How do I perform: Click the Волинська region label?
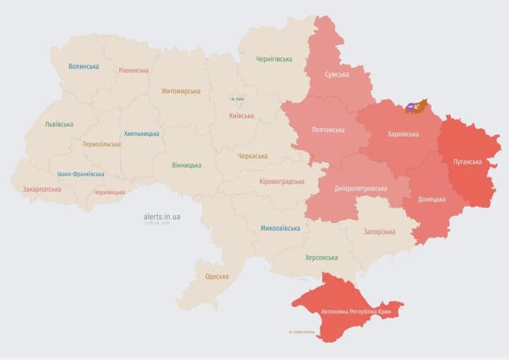83,66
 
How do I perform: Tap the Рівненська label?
134,71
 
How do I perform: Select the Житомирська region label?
180,91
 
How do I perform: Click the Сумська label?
337,74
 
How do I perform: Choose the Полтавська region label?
328,130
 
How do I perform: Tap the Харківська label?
403,134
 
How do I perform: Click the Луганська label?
468,162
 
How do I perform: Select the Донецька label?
431,199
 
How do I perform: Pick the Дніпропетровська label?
361,189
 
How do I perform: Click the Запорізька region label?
380,232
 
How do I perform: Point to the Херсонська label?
321,258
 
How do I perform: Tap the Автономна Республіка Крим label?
356,311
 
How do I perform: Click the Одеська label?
216,277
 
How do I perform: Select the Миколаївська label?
280,228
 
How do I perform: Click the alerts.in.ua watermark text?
162,216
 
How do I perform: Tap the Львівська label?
59,124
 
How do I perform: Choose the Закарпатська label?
42,190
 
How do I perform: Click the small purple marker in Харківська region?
411,107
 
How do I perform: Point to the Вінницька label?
187,166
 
